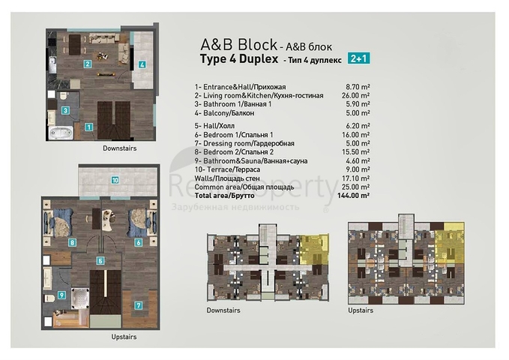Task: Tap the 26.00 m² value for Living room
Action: pos(355,95)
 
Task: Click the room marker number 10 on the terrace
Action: pos(115,180)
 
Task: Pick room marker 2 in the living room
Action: pos(88,64)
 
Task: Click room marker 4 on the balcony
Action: pos(142,64)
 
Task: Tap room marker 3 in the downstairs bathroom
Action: pos(66,110)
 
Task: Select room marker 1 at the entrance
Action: pos(88,127)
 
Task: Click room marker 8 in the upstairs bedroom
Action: pos(72,242)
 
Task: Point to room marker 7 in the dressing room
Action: pos(139,306)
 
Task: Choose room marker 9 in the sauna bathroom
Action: pos(62,295)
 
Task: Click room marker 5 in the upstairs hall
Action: pos(100,260)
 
